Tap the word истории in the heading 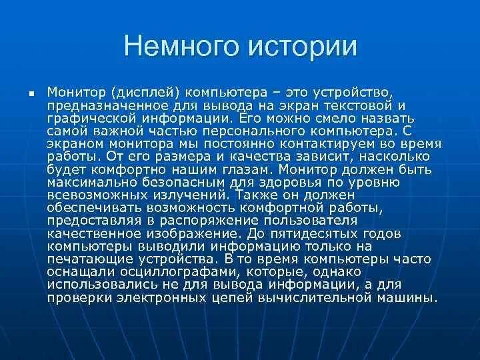pyautogui.click(x=302, y=47)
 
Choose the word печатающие pyautogui.click(x=85, y=259)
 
